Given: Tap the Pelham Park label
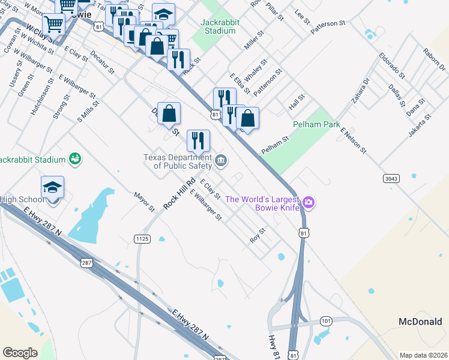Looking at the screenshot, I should click(312, 125).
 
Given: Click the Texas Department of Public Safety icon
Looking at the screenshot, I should click(221, 160).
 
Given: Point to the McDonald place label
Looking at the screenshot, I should click(421, 322).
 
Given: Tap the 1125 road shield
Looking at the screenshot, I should click(142, 239).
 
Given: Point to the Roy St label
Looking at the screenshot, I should click(258, 235).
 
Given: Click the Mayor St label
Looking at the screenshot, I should click(145, 202).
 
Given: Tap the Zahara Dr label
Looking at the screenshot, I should click(361, 90).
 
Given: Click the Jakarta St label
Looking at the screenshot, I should click(420, 125).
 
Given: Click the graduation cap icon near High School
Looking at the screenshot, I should click(53, 187).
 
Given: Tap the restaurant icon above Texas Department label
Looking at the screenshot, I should click(198, 141).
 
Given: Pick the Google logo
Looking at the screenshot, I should click(20, 353).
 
